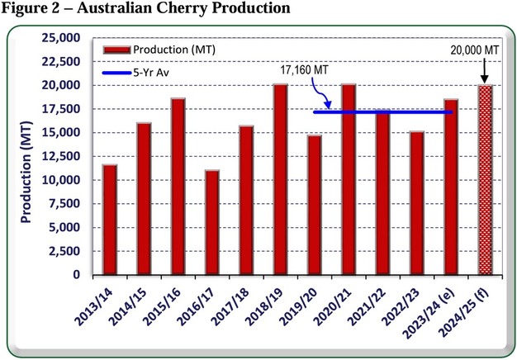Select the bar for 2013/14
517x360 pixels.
tap(110, 220)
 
